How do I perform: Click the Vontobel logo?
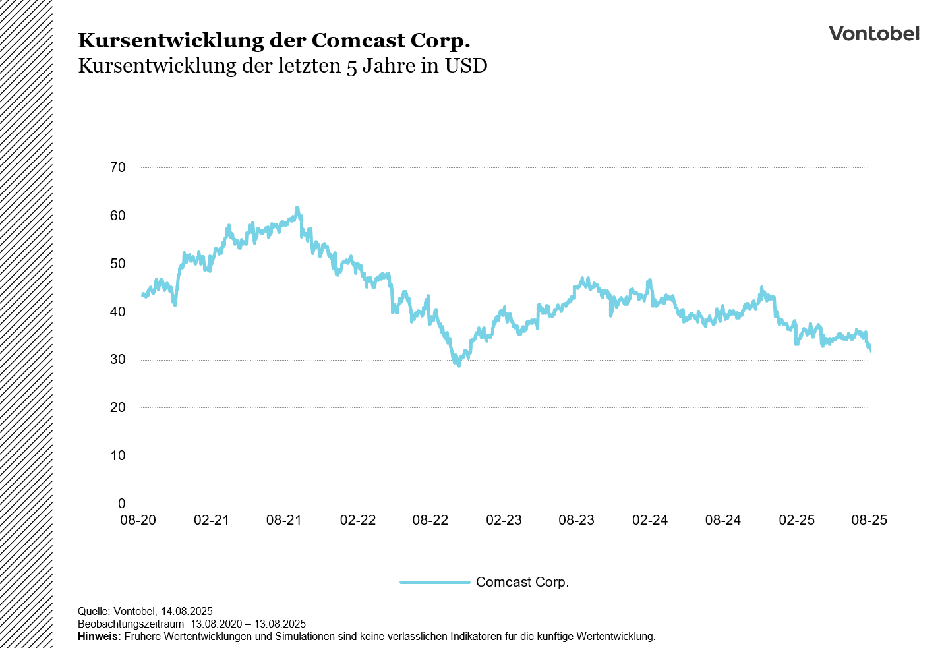coord(873,34)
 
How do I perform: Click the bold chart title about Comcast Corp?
coord(274,40)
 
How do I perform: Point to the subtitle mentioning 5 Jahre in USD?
coord(282,66)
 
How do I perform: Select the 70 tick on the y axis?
coord(117,167)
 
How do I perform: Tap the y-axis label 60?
coord(117,216)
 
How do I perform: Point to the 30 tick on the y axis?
coord(117,359)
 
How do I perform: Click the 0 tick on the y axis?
coord(121,504)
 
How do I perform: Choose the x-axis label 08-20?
coord(138,520)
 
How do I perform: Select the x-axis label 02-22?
coord(357,520)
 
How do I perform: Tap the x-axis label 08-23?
coord(576,520)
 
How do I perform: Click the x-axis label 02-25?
coord(796,520)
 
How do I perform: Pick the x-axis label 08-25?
coord(869,520)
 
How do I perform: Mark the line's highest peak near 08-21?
coord(297,208)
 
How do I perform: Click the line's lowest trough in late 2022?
coord(458,365)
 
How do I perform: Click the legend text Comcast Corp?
coord(522,582)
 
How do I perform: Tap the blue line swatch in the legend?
coord(435,582)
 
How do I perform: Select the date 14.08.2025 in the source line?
coord(187,611)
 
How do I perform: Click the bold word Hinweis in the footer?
coord(99,637)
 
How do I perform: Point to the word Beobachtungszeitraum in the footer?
coord(131,624)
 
